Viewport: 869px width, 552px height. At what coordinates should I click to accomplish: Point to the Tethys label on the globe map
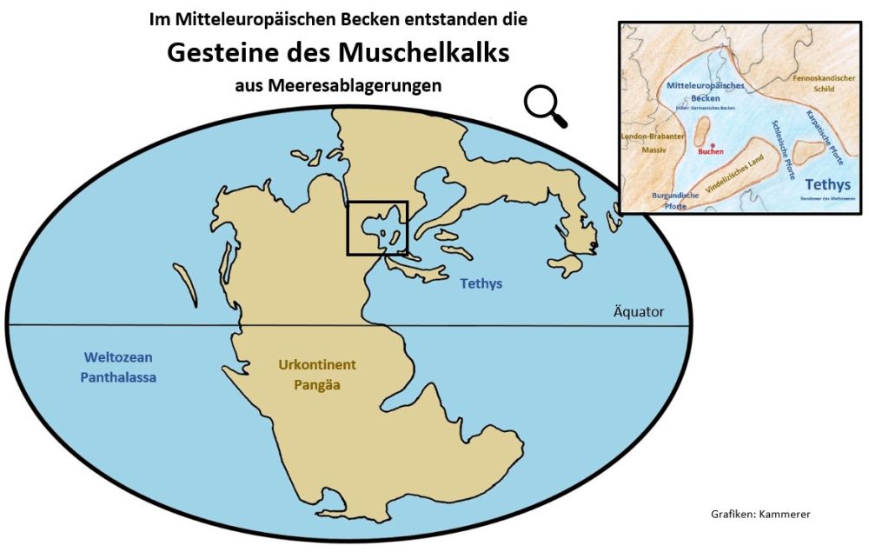click(x=481, y=284)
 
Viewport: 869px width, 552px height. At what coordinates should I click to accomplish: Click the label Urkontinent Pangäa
click(x=317, y=374)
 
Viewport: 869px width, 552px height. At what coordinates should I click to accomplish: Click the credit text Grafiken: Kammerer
click(x=760, y=515)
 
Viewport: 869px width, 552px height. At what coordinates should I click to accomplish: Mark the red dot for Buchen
click(x=711, y=144)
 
